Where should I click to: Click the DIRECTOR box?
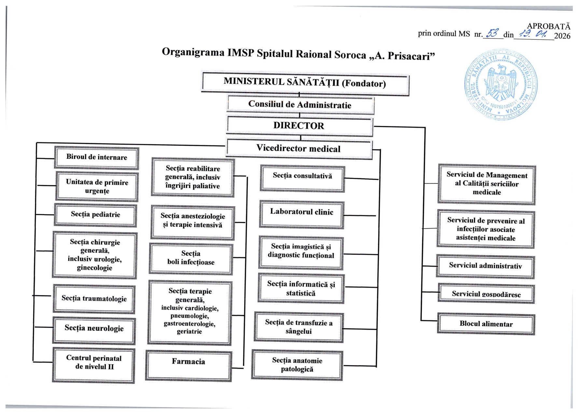[299, 126]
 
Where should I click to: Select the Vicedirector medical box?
[299, 149]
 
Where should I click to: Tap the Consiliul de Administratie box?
[300, 105]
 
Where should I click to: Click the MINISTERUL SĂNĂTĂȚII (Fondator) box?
[305, 83]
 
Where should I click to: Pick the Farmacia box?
[189, 366]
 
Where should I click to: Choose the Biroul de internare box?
[97, 157]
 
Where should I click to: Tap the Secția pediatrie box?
[95, 215]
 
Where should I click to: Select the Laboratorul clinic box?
[302, 215]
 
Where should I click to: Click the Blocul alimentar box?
[486, 324]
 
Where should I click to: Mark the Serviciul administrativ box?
[485, 266]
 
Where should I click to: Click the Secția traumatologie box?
[94, 299]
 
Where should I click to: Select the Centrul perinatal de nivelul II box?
[94, 365]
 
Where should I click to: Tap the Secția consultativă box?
[302, 178]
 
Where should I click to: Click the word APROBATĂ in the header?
[549, 26]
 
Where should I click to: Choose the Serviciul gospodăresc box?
[486, 294]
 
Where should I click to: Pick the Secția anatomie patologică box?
[297, 365]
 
